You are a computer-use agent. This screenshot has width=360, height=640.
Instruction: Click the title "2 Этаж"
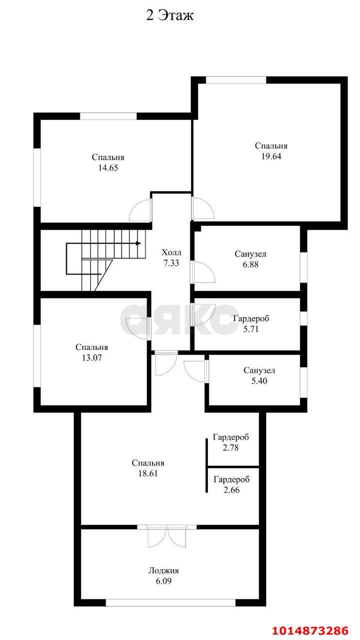[x=169, y=15]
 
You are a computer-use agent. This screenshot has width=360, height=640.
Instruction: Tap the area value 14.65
[x=108, y=167]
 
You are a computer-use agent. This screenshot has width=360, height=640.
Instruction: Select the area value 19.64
[x=271, y=156]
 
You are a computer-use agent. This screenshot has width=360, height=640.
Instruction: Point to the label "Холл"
[x=171, y=252]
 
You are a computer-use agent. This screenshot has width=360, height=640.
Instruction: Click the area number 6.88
[x=250, y=264]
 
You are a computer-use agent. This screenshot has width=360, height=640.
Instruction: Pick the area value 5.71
[x=251, y=329]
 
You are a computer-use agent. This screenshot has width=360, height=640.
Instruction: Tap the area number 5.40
[x=259, y=381]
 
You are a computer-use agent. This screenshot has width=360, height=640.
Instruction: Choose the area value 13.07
[x=91, y=357]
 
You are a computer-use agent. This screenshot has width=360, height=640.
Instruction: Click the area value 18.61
[x=148, y=473]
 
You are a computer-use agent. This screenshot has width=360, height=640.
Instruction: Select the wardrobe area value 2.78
[x=230, y=447]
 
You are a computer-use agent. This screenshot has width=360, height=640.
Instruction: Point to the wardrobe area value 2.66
[x=231, y=489]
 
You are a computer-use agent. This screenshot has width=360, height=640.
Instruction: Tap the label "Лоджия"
[x=163, y=571]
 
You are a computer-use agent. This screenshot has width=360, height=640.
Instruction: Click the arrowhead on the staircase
[x=138, y=243]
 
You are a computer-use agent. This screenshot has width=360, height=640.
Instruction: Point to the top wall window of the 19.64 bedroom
[x=236, y=80]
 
